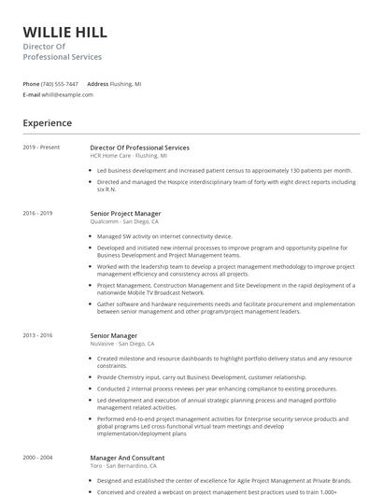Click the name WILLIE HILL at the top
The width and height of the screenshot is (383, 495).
[64, 33]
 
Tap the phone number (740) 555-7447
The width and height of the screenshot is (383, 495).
[61, 83]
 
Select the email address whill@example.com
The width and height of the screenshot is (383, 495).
[67, 94]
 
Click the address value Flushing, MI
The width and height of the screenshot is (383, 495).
[126, 83]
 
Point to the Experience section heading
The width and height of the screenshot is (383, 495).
[48, 122]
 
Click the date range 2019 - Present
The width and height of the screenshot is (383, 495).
[41, 148]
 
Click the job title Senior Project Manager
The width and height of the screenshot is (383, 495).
[132, 213]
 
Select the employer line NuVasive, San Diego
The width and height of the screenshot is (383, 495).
[122, 344]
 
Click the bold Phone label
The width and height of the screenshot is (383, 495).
[32, 83]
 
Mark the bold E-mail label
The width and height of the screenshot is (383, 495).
[32, 94]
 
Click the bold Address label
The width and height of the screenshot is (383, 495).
[98, 83]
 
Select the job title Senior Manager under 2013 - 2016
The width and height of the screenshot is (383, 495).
[114, 335]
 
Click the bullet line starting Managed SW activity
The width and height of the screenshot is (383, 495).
[164, 236]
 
